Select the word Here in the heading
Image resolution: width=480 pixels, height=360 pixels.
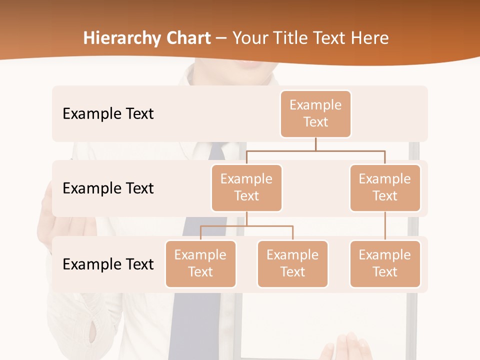(369, 38)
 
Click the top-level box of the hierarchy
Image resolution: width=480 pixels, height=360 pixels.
(315, 114)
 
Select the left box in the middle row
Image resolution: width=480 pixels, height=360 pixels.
(246, 188)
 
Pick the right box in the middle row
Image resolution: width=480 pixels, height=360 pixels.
(385, 188)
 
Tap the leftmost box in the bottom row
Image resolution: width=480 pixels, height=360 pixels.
(200, 264)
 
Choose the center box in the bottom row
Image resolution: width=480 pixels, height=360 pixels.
(292, 264)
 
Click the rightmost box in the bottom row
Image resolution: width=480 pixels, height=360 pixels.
(385, 264)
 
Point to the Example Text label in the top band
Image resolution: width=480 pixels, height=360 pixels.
(108, 114)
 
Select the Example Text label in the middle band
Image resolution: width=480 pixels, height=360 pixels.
(108, 188)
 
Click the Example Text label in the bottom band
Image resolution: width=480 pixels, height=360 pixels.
(108, 264)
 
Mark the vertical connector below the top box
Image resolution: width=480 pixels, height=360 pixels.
(315, 144)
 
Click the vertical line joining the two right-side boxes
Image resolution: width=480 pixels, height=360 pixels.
(385, 226)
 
